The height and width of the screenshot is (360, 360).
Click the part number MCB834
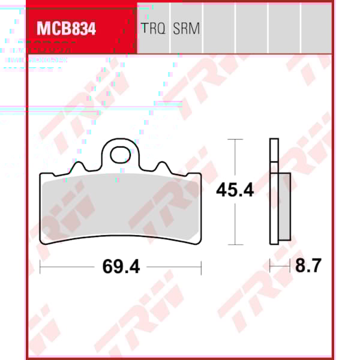coord(66,29)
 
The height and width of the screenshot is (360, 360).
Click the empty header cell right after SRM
coord(219,27)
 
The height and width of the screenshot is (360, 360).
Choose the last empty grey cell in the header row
coord(316,27)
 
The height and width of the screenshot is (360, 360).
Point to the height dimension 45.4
coord(235,191)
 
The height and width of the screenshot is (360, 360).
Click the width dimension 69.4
coord(121,266)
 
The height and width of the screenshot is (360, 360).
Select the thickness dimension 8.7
coord(308,266)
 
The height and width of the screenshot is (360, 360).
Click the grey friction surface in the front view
coord(121,207)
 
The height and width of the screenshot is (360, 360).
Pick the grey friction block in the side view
coord(284,207)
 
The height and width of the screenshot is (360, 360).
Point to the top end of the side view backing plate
coord(274,140)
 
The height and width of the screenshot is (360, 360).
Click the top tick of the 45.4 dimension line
coord(235,139)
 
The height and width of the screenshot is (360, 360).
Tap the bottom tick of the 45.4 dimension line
coord(235,245)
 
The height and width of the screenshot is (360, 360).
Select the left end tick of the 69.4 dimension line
coord(40,266)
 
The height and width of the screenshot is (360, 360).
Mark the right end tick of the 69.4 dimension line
coord(201,266)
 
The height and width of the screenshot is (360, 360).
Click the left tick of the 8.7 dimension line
coord(270,266)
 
